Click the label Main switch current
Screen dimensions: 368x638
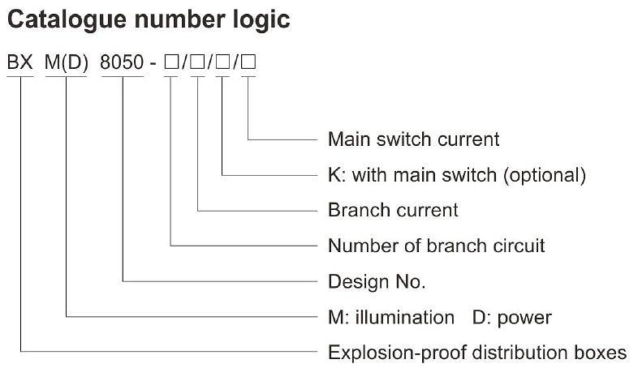(x=413, y=139)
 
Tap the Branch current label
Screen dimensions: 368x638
(x=393, y=210)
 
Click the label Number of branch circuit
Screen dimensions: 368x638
(x=436, y=245)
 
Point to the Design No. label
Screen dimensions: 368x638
(x=377, y=281)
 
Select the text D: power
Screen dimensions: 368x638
(x=511, y=317)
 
